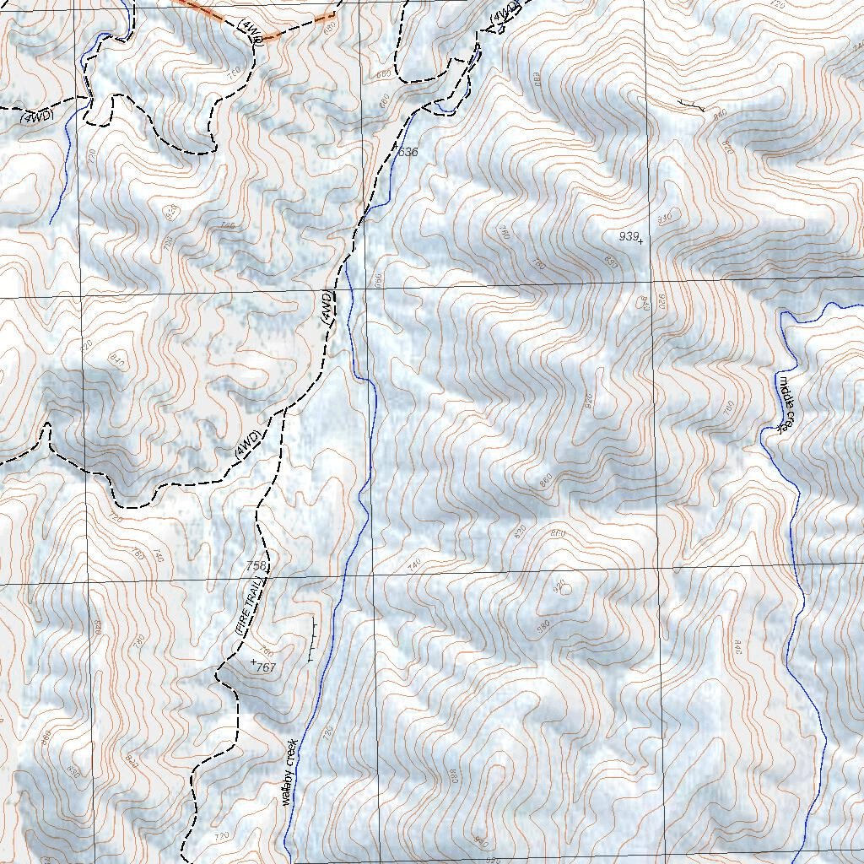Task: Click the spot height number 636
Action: click(x=408, y=152)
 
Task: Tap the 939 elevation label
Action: click(x=628, y=237)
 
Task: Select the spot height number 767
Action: click(x=266, y=667)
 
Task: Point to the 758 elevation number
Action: click(x=256, y=565)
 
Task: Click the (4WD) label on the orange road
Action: click(x=248, y=30)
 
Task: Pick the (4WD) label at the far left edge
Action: click(x=37, y=116)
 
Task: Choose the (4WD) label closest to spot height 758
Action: click(x=248, y=445)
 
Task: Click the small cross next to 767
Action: click(x=253, y=661)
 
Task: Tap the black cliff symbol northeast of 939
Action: click(x=692, y=105)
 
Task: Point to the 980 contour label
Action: click(x=543, y=625)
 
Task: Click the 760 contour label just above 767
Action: click(x=267, y=651)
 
